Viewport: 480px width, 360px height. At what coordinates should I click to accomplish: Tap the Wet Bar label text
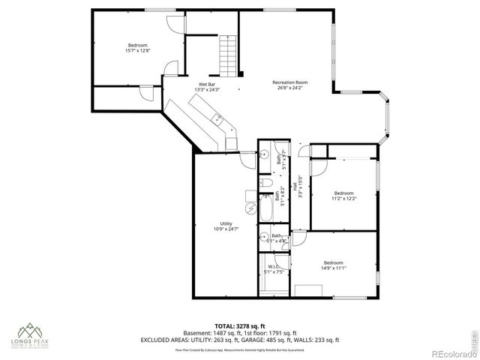(207, 84)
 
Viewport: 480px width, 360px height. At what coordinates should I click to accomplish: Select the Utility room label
(225, 223)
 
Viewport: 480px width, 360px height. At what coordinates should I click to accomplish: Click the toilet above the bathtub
(267, 184)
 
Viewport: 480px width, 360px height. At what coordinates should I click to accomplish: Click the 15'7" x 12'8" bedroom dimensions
(138, 51)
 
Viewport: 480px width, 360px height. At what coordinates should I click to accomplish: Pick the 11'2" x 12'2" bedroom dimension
(344, 199)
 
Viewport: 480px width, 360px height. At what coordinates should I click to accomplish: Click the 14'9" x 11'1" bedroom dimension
(333, 268)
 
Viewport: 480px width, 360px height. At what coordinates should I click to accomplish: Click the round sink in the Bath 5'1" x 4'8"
(265, 239)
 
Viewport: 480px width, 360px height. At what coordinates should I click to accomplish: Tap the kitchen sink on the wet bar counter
(216, 118)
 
